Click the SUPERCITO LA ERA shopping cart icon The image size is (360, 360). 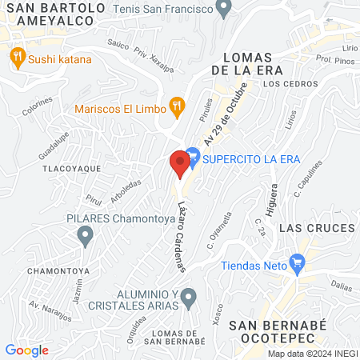coord(192,158)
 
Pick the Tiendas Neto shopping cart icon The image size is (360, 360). coord(298,262)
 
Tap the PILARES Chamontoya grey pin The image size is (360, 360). coord(85,235)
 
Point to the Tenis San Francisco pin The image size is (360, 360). coord(224,9)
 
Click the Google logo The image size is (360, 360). coord(26,350)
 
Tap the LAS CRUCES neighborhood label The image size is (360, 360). coord(316,229)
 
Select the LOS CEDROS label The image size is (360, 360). coord(284,83)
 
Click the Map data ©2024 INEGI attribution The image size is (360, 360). coord(311,354)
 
